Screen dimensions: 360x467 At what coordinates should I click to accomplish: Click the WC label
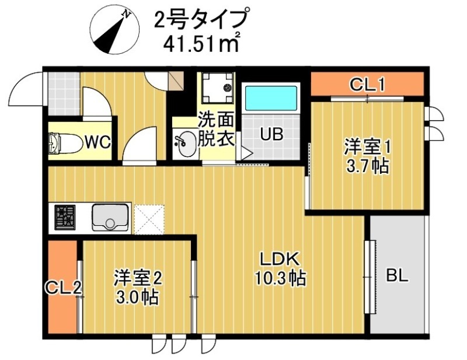tap(97, 142)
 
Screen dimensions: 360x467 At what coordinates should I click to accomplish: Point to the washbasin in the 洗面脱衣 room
tap(186, 144)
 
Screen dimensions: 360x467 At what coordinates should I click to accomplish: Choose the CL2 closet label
tap(62, 287)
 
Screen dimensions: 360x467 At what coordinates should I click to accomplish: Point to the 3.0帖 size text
tap(137, 296)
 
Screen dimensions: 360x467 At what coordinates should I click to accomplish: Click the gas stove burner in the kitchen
tap(65, 217)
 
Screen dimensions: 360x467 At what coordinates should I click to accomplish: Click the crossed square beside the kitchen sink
tap(149, 218)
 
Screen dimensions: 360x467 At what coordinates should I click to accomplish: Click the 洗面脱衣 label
tap(215, 130)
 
